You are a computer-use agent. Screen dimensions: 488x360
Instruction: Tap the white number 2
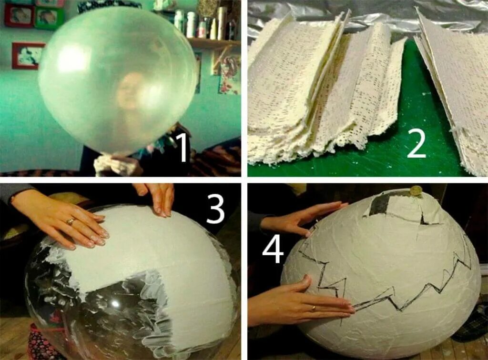point(416,143)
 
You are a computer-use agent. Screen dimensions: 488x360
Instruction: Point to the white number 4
point(273,250)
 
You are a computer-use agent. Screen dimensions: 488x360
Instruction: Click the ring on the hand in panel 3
point(71,221)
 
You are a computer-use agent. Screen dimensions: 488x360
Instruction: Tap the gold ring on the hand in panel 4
point(314,309)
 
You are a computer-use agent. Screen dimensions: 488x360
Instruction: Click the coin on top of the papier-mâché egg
point(415,191)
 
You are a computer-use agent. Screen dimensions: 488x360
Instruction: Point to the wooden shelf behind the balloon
point(211,43)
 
